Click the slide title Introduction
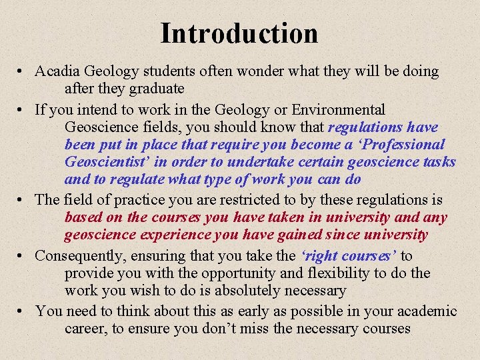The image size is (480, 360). coord(239,33)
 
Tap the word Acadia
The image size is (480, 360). coord(59,71)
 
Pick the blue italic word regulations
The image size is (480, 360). coord(365,127)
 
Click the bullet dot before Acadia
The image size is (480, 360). coord(23,71)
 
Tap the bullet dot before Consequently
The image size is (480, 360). coord(23,256)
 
